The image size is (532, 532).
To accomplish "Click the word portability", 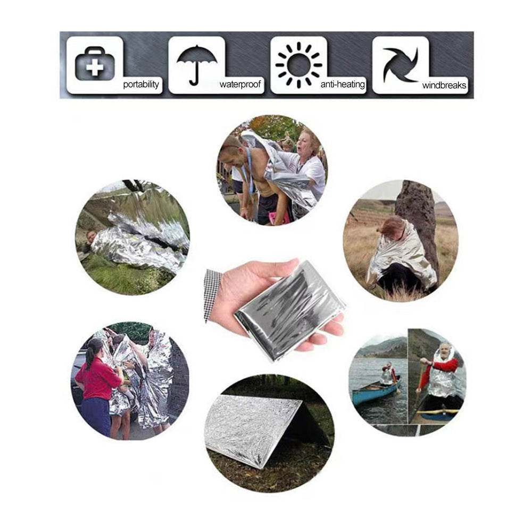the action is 141,84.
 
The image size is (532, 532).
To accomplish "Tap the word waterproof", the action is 240,84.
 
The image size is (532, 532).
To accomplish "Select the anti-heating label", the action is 343,84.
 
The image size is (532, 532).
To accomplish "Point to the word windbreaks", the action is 444,85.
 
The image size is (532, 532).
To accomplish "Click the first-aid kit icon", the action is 95,64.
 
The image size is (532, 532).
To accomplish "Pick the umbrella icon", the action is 197,65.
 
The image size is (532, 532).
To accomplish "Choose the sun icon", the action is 298,65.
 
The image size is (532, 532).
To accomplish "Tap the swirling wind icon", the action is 401,65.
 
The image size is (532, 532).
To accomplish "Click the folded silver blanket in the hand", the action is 289,311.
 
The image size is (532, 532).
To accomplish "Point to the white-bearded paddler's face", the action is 444,351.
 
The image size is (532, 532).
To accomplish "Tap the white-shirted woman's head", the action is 307,142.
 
